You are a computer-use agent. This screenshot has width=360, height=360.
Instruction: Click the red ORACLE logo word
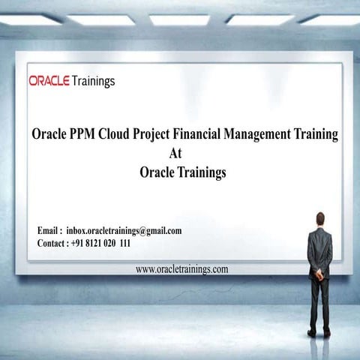(x=49, y=81)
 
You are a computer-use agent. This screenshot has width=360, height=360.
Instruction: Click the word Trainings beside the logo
(x=94, y=81)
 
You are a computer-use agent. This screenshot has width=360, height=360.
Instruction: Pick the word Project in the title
(x=167, y=135)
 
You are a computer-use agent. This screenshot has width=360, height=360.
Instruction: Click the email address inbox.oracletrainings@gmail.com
(x=124, y=231)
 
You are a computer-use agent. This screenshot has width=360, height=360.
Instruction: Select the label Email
(x=49, y=231)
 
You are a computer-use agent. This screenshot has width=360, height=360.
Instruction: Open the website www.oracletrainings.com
(x=181, y=268)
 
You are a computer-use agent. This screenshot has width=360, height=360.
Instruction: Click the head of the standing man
(x=320, y=218)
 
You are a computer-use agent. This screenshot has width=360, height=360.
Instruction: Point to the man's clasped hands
(x=320, y=273)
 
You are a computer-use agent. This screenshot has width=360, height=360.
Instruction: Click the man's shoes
(x=319, y=332)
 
